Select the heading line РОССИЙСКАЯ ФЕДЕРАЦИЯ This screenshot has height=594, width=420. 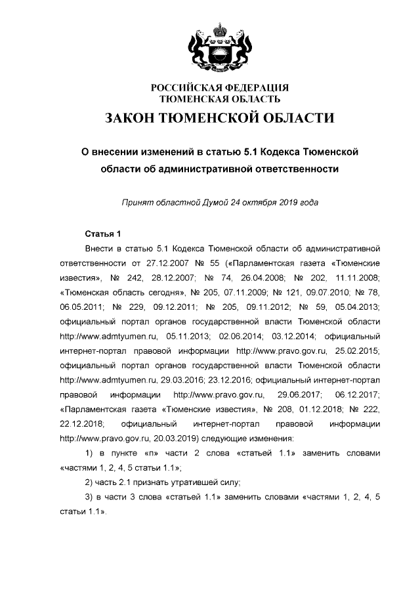(x=220, y=88)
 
